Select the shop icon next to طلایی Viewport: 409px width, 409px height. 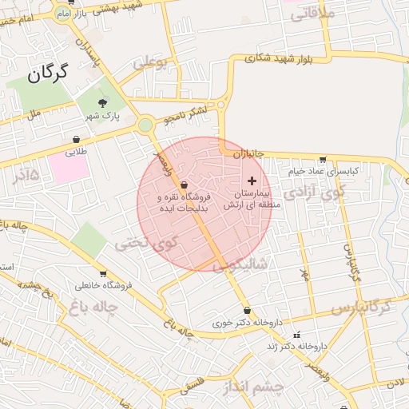pos(75,139)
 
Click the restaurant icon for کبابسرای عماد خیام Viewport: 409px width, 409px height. pos(322,160)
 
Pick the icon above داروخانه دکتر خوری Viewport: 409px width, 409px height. pos(246,311)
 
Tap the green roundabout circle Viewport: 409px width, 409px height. pos(145,125)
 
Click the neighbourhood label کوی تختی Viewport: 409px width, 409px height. pos(143,243)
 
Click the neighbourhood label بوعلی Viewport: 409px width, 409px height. pos(152,62)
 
